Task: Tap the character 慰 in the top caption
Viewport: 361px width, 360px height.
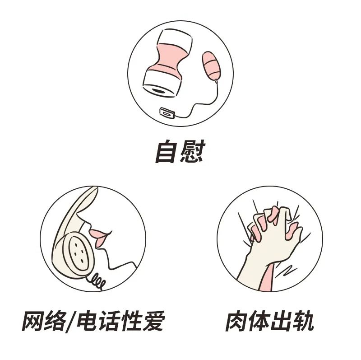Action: (193, 151)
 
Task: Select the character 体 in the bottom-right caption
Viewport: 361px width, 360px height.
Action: (259, 322)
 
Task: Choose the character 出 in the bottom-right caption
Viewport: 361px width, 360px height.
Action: (281, 322)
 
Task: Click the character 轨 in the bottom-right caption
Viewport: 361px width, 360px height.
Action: (302, 322)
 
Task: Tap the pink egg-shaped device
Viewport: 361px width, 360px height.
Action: (211, 65)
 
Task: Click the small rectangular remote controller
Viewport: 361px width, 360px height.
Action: (167, 113)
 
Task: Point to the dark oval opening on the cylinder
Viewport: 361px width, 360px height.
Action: (160, 91)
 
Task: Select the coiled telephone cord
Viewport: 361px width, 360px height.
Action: (96, 281)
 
